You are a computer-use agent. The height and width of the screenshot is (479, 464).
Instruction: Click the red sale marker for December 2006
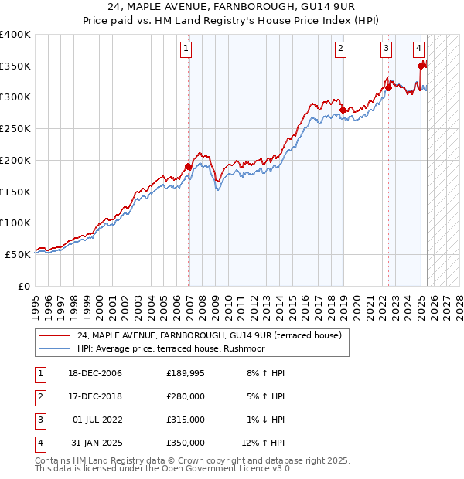click(188, 166)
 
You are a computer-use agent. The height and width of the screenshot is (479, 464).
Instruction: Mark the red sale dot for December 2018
click(342, 110)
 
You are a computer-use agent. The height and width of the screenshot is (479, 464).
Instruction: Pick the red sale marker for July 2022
click(388, 88)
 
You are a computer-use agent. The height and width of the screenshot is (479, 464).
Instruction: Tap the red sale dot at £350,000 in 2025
click(421, 66)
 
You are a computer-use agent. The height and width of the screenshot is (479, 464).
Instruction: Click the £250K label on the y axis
click(15, 128)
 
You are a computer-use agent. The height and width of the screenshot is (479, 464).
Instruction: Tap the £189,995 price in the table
click(186, 373)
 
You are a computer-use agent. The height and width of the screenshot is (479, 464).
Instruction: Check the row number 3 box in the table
click(39, 420)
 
